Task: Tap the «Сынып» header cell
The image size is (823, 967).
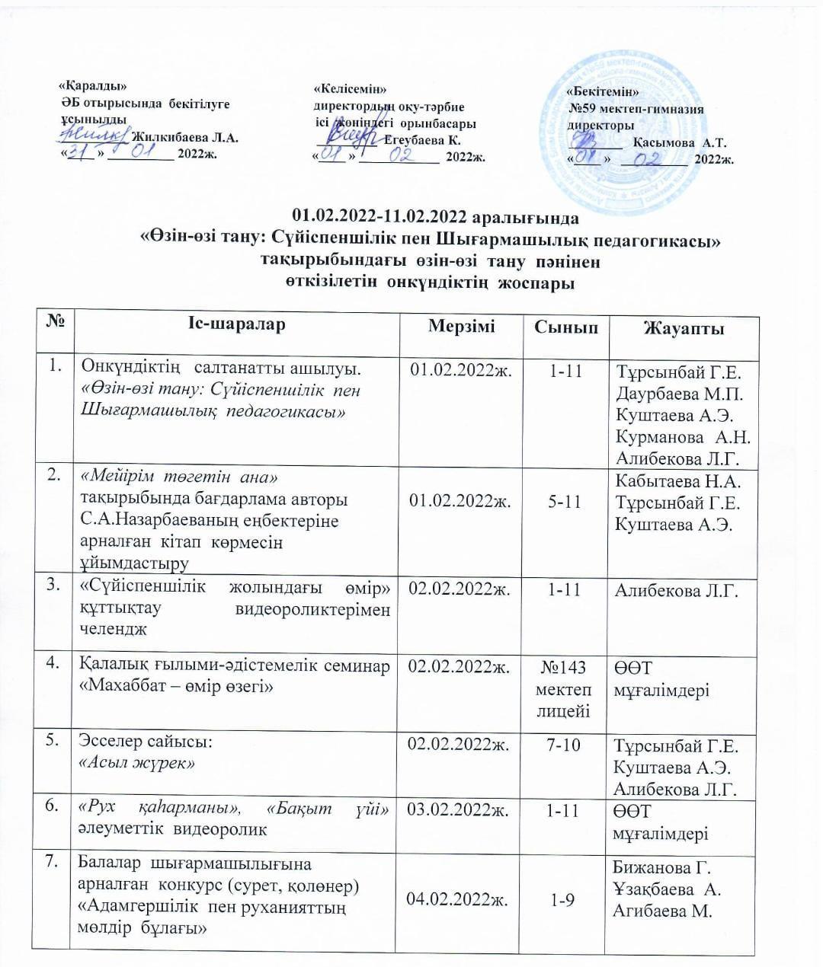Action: point(565,327)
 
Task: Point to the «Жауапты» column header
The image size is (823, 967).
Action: point(684,328)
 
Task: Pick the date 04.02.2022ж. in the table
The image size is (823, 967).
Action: point(460,900)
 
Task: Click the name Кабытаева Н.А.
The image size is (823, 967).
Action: point(681,480)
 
